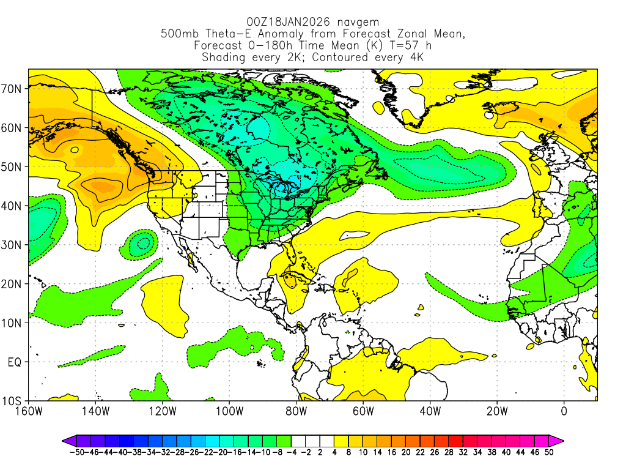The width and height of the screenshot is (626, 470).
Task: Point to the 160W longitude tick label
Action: [29, 411]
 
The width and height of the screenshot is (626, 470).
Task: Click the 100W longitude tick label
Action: [229, 411]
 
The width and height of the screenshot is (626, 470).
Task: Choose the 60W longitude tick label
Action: [363, 411]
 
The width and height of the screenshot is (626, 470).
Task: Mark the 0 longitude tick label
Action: [564, 411]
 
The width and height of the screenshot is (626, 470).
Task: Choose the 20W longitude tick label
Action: [496, 411]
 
